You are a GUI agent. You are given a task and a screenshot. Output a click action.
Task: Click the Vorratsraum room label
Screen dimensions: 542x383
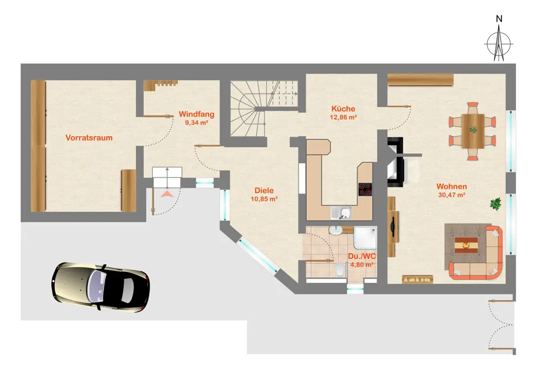(89, 138)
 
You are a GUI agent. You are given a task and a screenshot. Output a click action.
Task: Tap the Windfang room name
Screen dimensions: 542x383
(196, 114)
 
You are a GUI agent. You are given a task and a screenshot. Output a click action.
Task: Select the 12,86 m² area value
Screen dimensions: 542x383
(343, 117)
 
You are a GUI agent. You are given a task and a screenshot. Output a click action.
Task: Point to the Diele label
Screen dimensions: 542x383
(264, 190)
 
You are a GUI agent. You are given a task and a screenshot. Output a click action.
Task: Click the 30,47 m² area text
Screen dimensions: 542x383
(451, 195)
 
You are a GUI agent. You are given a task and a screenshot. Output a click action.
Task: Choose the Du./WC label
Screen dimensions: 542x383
(362, 256)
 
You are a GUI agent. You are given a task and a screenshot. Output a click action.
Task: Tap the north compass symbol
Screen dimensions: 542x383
(499, 44)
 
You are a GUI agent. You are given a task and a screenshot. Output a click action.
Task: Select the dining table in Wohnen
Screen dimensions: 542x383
(473, 131)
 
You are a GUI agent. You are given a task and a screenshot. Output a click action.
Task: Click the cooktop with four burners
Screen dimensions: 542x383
(365, 189)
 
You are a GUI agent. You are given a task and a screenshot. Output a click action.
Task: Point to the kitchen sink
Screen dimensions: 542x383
(341, 213)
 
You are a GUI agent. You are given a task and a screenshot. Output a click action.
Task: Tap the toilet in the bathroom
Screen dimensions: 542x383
(340, 269)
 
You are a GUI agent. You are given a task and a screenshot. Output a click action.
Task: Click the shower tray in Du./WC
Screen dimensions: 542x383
(365, 238)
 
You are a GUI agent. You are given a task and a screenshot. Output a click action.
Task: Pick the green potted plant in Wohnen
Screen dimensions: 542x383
(496, 203)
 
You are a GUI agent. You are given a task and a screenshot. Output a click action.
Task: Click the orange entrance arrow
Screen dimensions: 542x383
(167, 194)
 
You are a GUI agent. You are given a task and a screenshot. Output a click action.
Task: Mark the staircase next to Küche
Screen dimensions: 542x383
(264, 108)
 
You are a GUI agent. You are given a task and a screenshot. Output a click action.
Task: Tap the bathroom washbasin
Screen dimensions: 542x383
(335, 230)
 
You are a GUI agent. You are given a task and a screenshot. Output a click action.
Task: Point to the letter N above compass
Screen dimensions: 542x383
(499, 19)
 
